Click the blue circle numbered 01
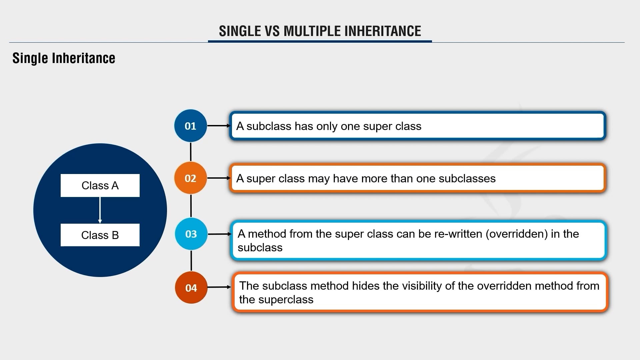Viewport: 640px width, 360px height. pyautogui.click(x=190, y=126)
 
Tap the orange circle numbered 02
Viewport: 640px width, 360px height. pyautogui.click(x=190, y=178)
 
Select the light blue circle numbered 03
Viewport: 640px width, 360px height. pyautogui.click(x=191, y=234)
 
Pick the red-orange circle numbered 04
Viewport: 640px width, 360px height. pyautogui.click(x=191, y=288)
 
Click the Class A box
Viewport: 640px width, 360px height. pyautogui.click(x=100, y=185)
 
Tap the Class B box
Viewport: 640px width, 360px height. pyautogui.click(x=100, y=235)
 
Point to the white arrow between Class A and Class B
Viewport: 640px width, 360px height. pyautogui.click(x=100, y=210)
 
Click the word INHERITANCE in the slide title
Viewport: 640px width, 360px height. pyautogui.click(x=382, y=31)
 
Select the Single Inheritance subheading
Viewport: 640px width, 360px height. pyautogui.click(x=64, y=58)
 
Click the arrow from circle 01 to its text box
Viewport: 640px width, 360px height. pyautogui.click(x=218, y=126)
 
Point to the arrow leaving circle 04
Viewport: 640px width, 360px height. pyautogui.click(x=219, y=287)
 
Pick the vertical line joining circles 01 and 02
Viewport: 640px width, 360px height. pyautogui.click(x=191, y=152)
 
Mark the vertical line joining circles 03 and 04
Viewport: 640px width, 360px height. pyautogui.click(x=191, y=261)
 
